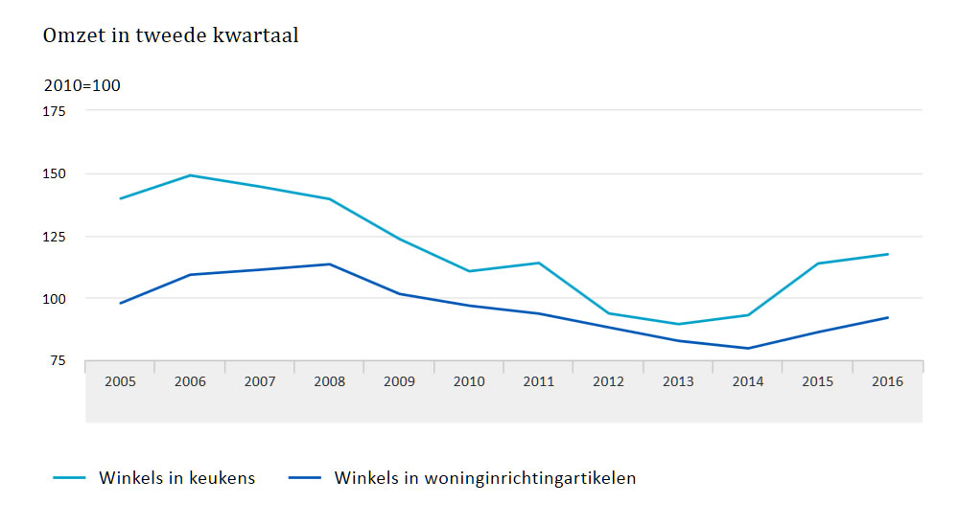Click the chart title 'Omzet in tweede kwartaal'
171,35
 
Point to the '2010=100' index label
82,85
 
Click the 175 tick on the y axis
54,111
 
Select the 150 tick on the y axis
54,173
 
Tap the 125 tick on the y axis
54,236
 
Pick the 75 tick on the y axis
57,360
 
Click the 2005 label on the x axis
120,381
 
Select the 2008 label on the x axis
329,381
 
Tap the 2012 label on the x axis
608,381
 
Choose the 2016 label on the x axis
887,381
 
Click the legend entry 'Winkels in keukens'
176,478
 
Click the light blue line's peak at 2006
190,175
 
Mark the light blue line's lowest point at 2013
678,324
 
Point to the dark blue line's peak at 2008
329,263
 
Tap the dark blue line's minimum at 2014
748,348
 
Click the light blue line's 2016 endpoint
887,254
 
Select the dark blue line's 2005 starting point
120,303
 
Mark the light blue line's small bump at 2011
539,263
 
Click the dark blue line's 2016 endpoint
887,317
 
